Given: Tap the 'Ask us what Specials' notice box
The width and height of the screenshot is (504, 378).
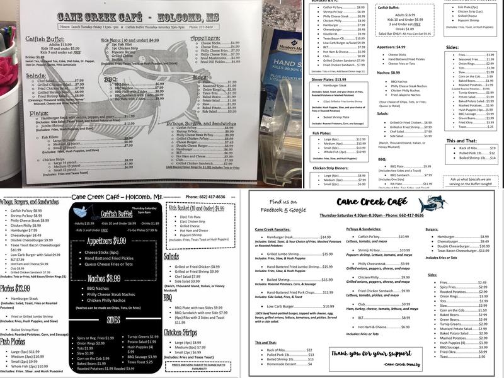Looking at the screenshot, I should (470, 181).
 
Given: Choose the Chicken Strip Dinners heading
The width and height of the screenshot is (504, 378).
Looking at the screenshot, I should (332, 168).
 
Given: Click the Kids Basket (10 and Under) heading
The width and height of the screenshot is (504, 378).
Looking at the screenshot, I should (197, 209).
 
